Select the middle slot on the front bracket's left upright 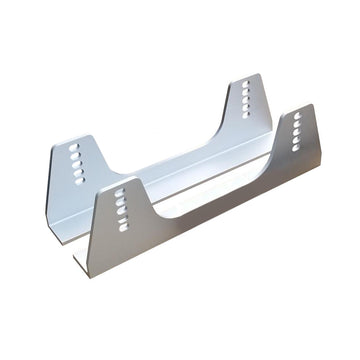(121, 208)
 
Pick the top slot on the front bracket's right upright (297, 115)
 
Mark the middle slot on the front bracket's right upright (297, 132)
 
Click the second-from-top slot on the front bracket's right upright (297, 124)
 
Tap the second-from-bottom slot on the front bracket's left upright (122, 217)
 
